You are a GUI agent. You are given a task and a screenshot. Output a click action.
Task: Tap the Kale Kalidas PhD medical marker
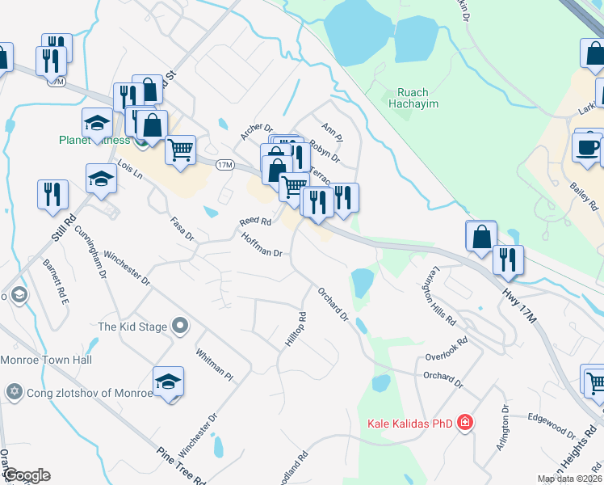[464, 422]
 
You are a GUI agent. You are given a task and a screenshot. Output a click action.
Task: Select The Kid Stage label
[132, 327]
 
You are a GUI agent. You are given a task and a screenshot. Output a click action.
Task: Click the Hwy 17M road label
[518, 298]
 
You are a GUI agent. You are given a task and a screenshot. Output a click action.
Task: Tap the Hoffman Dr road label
[262, 245]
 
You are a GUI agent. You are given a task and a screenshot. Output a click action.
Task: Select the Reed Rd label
[254, 221]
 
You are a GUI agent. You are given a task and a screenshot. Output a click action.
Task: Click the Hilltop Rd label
[296, 330]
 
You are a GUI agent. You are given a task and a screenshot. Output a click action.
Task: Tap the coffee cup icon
[586, 147]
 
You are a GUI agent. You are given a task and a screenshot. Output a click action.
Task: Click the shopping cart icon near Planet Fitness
[181, 149]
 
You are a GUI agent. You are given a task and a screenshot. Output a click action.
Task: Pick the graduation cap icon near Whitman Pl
[168, 382]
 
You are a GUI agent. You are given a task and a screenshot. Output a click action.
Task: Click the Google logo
[26, 475]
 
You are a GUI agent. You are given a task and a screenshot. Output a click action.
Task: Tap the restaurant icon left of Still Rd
[52, 194]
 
